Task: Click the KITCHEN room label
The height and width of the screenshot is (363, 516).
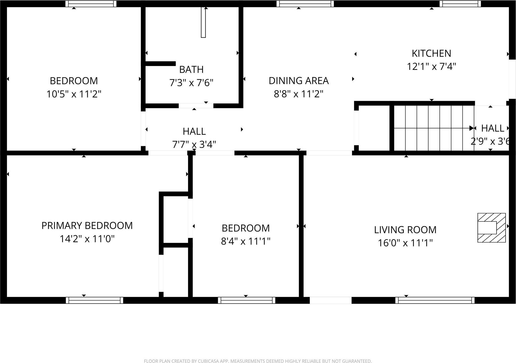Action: [x=431, y=53]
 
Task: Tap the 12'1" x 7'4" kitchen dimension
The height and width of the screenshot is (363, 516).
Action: [x=431, y=66]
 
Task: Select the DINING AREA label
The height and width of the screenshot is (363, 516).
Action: [x=298, y=81]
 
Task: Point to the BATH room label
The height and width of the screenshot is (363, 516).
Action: [x=191, y=69]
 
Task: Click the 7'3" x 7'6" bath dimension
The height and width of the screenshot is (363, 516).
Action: [x=191, y=83]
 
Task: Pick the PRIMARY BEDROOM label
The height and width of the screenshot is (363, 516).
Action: [x=87, y=226]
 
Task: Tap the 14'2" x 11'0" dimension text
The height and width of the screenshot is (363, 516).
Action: [x=87, y=239]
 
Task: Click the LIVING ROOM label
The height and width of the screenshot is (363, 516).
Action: [x=405, y=230]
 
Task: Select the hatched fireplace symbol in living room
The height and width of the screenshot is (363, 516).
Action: [x=491, y=228]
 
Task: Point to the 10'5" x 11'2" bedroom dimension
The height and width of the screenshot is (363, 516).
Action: [x=74, y=94]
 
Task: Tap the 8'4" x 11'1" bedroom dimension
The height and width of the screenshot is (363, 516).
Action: [x=246, y=241]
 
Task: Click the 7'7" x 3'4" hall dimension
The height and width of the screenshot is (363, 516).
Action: [x=194, y=144]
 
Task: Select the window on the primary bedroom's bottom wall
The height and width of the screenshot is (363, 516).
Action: [x=94, y=300]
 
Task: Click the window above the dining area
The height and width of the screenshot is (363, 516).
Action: [x=305, y=4]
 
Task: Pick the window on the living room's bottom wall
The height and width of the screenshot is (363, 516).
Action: [x=435, y=300]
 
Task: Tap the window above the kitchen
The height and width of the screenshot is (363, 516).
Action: [x=460, y=4]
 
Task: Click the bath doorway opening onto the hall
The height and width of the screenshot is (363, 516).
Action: [x=196, y=106]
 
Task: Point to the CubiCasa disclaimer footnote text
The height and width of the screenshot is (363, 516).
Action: [x=258, y=361]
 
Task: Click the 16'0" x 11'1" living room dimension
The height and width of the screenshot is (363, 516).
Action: [x=405, y=243]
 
